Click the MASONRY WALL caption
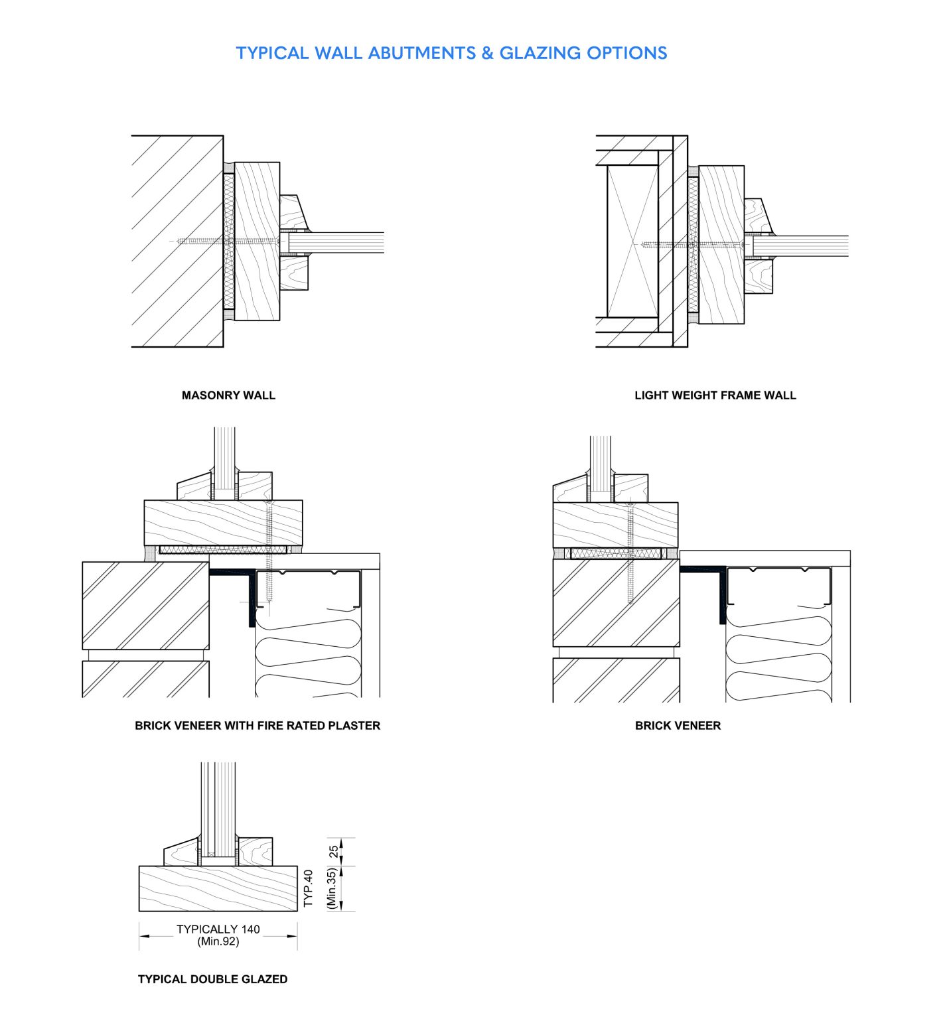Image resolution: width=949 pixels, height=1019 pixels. pos(228,395)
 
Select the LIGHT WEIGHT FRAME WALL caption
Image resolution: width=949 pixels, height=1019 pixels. pos(715,395)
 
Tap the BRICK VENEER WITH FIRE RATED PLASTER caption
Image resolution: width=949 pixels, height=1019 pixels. pos(257,726)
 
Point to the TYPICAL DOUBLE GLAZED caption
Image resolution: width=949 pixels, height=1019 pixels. pos(212,979)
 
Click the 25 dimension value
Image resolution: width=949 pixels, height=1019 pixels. pos(334,851)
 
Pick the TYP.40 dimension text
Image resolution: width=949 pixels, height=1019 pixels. pos(308,888)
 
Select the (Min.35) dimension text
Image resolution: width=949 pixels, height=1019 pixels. pos(332,889)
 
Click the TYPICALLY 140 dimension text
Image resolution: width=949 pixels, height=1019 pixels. pos(218,929)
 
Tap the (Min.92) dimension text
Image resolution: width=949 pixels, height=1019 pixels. pos(218,941)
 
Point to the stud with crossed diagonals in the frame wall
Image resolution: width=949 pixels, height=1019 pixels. pos(632,241)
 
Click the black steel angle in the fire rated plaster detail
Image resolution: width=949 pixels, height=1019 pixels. pos(251,597)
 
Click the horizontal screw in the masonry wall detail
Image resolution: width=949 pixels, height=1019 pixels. pos(226,241)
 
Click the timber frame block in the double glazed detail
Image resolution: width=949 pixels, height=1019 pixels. pos(218,888)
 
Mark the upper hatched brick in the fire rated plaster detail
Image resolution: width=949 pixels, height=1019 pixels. pos(145,606)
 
